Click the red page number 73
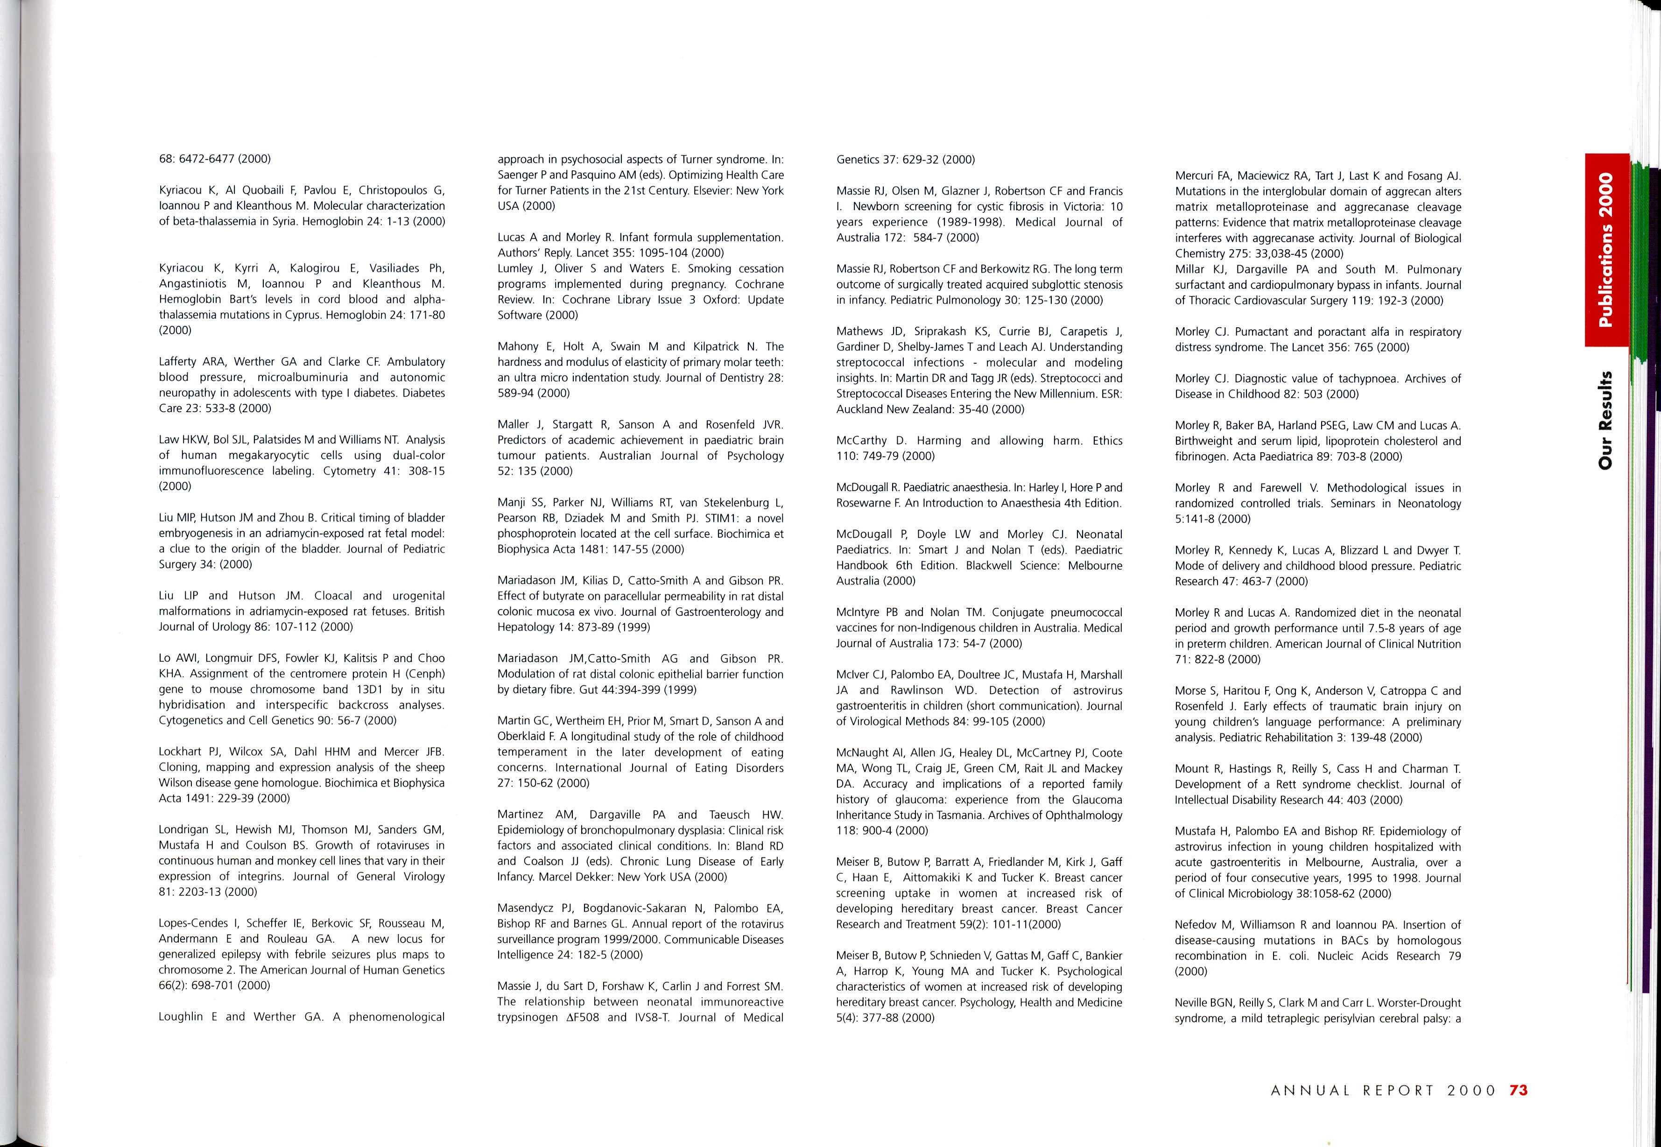pos(1518,1090)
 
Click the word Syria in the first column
pos(280,221)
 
